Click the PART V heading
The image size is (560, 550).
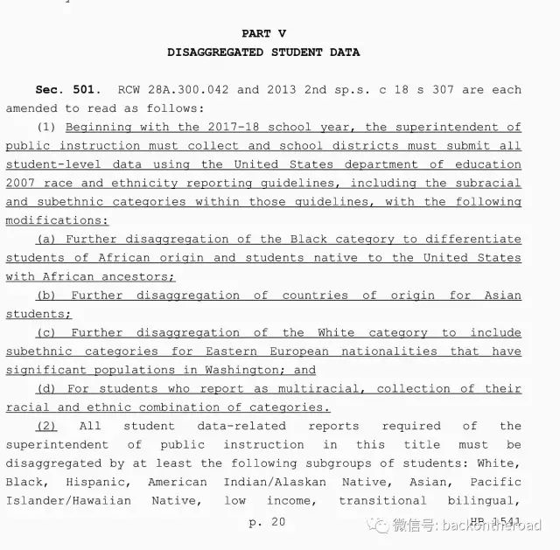pyautogui.click(x=263, y=34)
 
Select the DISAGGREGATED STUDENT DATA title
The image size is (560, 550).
pyautogui.click(x=263, y=52)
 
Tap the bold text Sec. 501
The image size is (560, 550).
pyautogui.click(x=69, y=90)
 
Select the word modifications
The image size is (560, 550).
pyautogui.click(x=55, y=221)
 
